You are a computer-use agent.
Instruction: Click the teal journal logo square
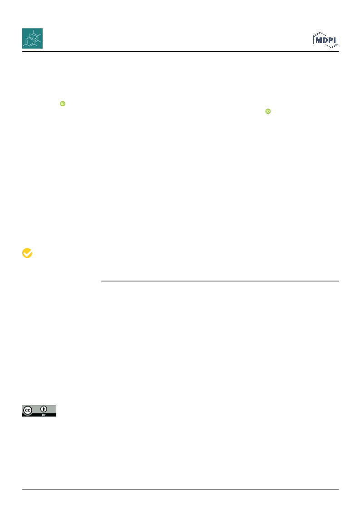tap(32, 38)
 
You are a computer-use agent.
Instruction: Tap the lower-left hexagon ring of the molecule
tap(30, 42)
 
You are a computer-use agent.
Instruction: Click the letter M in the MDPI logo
tap(319, 40)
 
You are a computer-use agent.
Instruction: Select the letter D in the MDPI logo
tap(325, 40)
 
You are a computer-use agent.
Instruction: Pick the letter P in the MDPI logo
tap(331, 40)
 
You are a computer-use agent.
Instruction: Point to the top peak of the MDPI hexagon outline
tap(320, 32)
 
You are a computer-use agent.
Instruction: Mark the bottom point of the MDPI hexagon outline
tap(332, 48)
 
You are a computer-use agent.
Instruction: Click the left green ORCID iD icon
tap(63, 104)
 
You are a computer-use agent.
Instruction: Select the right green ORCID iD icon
tap(268, 111)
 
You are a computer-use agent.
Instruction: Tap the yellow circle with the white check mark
tap(27, 253)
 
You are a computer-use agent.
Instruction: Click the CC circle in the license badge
tap(28, 410)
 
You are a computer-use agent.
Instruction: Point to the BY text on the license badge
tap(44, 415)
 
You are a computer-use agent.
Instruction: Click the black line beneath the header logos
tap(180, 52)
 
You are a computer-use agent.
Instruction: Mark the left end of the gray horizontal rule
tap(101, 281)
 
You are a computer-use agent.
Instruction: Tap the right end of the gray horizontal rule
tap(339, 281)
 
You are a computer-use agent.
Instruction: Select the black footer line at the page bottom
tap(180, 489)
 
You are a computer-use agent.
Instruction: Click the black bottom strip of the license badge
tap(39, 415)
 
